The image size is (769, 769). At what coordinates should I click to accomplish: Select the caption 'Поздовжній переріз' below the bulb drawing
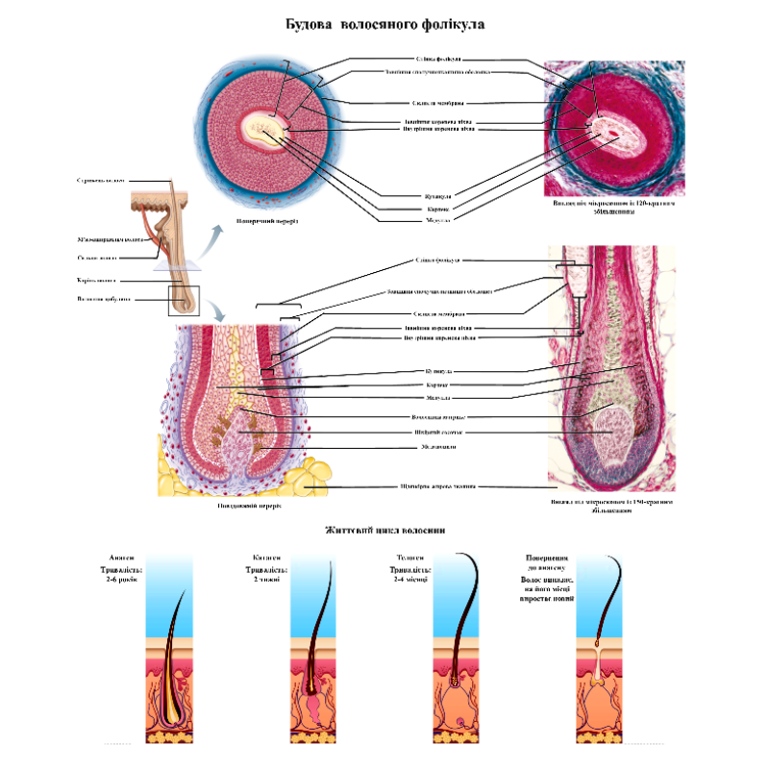(x=249, y=507)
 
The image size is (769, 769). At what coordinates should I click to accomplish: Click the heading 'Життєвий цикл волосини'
(x=384, y=530)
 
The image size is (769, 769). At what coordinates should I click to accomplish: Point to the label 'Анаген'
(x=123, y=558)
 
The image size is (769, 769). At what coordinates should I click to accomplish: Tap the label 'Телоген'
(x=411, y=558)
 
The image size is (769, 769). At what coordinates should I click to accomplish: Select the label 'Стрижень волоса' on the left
(x=101, y=180)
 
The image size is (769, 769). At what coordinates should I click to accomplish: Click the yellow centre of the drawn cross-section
(x=260, y=126)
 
